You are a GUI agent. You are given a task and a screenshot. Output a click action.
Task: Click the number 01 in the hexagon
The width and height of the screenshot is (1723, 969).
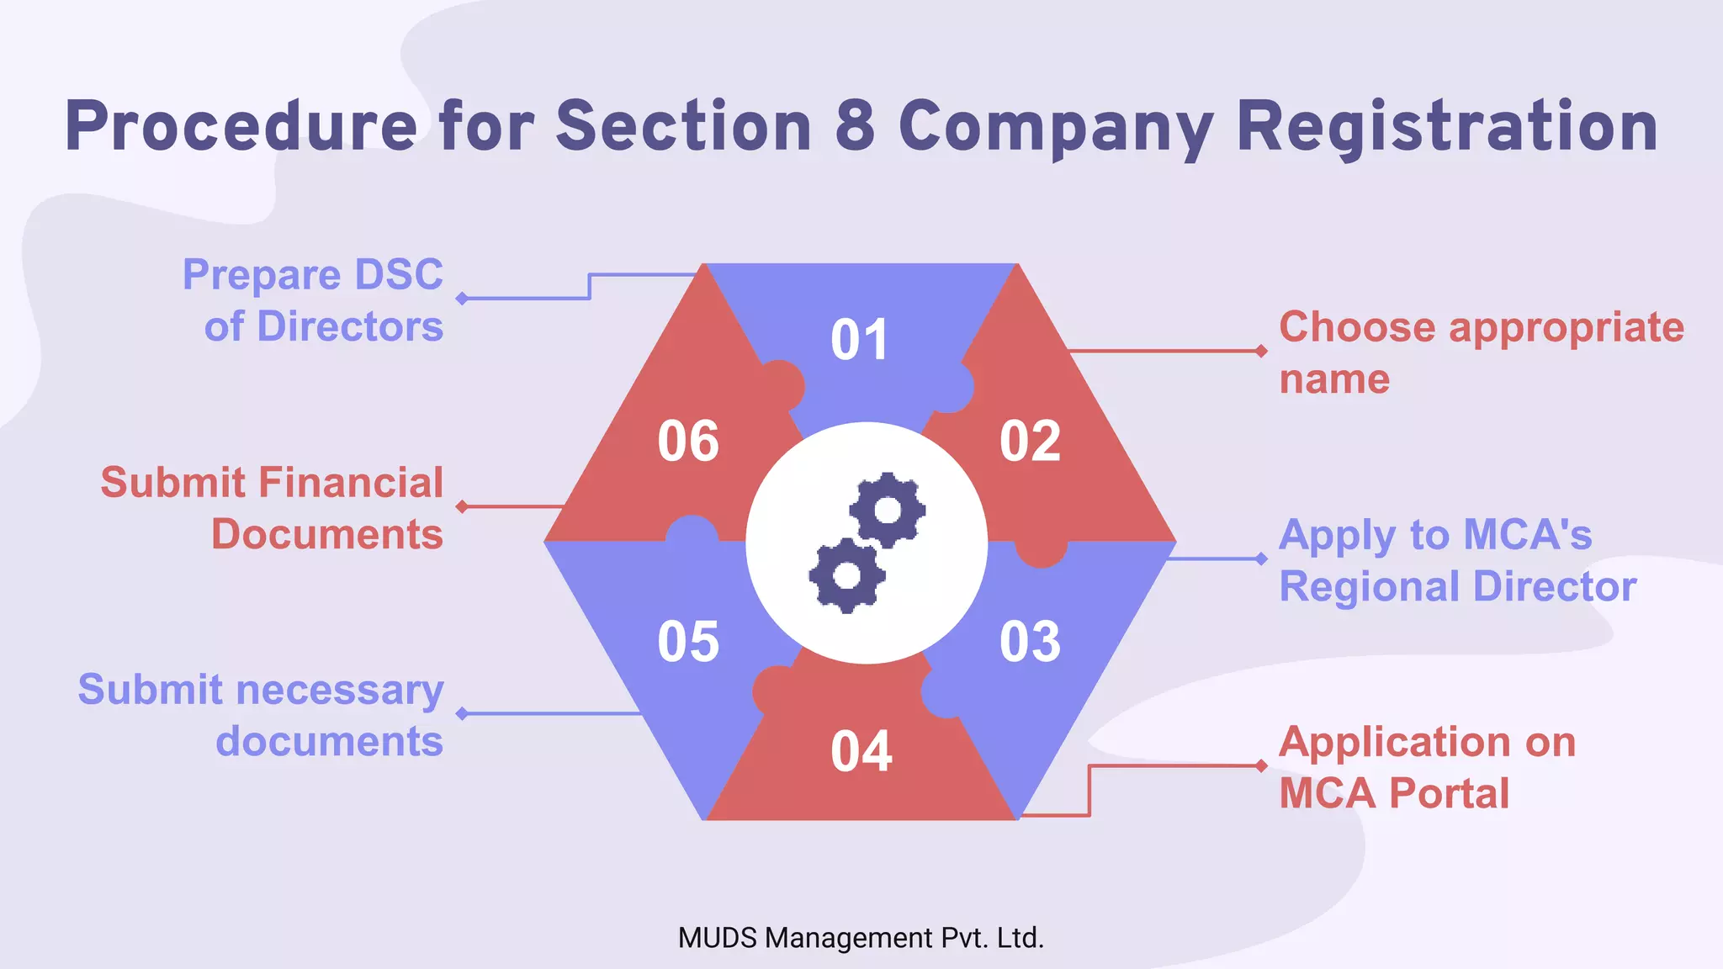(x=859, y=340)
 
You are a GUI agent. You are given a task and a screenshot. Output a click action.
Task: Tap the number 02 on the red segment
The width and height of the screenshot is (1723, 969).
(x=1030, y=441)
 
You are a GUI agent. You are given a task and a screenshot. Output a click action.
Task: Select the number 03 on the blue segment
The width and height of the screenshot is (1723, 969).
(x=1030, y=642)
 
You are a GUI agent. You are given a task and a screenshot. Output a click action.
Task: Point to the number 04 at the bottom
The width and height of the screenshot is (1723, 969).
(x=861, y=751)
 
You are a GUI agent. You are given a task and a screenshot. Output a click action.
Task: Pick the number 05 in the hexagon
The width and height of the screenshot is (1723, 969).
(x=688, y=642)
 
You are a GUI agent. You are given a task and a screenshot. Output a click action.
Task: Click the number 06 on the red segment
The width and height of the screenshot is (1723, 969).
(x=688, y=441)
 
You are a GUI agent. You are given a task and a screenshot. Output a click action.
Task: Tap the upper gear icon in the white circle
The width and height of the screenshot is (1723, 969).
(x=888, y=510)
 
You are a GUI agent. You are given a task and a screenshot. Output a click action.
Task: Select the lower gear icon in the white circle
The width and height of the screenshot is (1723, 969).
(x=846, y=576)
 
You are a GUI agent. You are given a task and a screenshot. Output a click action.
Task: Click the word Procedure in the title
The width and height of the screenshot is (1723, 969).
(x=241, y=126)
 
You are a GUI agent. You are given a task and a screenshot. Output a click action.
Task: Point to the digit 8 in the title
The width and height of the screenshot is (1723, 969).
(x=855, y=126)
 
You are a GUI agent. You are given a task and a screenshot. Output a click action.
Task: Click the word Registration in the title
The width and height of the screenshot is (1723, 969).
(x=1446, y=126)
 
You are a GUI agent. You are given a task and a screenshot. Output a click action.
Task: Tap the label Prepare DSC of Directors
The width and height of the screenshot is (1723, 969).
(x=313, y=300)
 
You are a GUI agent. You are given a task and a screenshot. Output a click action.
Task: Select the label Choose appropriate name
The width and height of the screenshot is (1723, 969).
(x=1481, y=352)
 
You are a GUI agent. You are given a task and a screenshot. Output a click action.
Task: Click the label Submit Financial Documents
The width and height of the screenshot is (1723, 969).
(x=273, y=508)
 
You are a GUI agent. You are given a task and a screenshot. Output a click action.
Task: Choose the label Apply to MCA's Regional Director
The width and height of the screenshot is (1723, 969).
(x=1457, y=560)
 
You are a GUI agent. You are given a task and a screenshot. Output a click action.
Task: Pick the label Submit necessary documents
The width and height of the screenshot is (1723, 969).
(x=261, y=715)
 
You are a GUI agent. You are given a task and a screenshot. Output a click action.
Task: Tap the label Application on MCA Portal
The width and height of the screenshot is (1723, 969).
(x=1427, y=767)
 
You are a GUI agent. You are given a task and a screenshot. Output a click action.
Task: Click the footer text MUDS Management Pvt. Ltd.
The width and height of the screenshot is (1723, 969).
(x=861, y=938)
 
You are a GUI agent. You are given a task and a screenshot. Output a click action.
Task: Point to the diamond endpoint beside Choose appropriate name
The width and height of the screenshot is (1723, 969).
(x=1261, y=351)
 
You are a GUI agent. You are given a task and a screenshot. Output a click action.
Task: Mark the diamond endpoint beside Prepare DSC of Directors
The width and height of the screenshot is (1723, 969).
(x=462, y=299)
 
